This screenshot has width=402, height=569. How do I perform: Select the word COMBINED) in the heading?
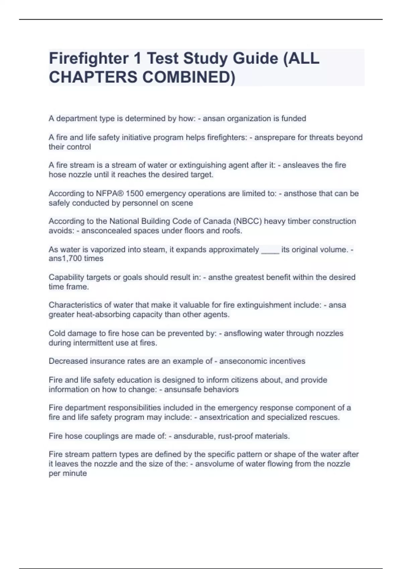pos(189,77)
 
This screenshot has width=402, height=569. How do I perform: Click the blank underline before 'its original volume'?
pos(270,250)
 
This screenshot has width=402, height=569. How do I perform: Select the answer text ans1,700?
pos(66,259)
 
